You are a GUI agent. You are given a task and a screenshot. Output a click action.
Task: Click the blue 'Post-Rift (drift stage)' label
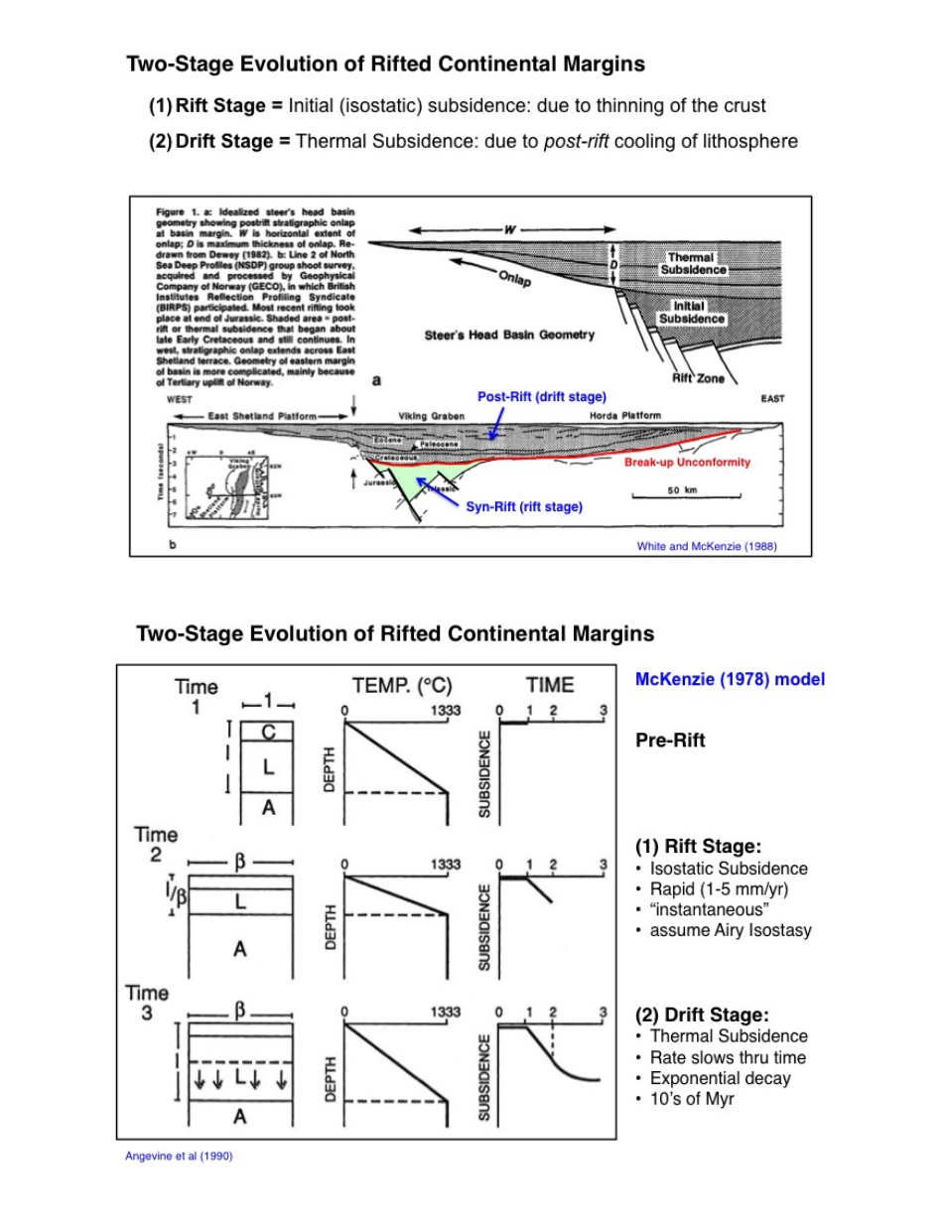(x=542, y=397)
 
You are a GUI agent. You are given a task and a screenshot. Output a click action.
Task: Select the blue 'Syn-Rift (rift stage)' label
(x=524, y=506)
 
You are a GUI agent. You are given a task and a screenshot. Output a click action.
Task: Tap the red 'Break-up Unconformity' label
(x=687, y=463)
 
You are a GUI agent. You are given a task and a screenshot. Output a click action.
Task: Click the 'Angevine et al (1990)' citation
(x=179, y=1155)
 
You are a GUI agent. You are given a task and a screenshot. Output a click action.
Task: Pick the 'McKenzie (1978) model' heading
(x=730, y=680)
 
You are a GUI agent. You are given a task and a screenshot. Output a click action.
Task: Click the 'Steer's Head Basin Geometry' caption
(x=509, y=335)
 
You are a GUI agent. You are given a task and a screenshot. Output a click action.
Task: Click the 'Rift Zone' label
(x=699, y=378)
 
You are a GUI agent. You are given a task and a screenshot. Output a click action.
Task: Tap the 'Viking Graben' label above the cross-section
(x=426, y=415)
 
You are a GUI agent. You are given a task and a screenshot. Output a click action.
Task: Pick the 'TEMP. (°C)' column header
(x=402, y=685)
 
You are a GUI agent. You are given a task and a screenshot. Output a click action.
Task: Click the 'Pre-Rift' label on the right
(x=670, y=741)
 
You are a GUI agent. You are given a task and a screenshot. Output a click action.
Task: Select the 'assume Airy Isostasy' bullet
(x=729, y=930)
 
